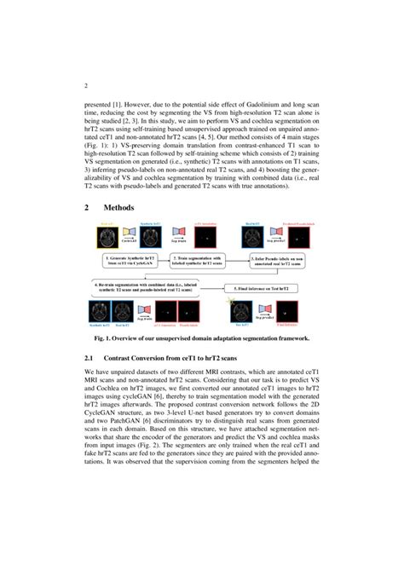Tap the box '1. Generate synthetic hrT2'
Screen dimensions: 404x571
click(129, 259)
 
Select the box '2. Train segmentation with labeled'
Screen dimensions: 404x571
click(200, 259)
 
